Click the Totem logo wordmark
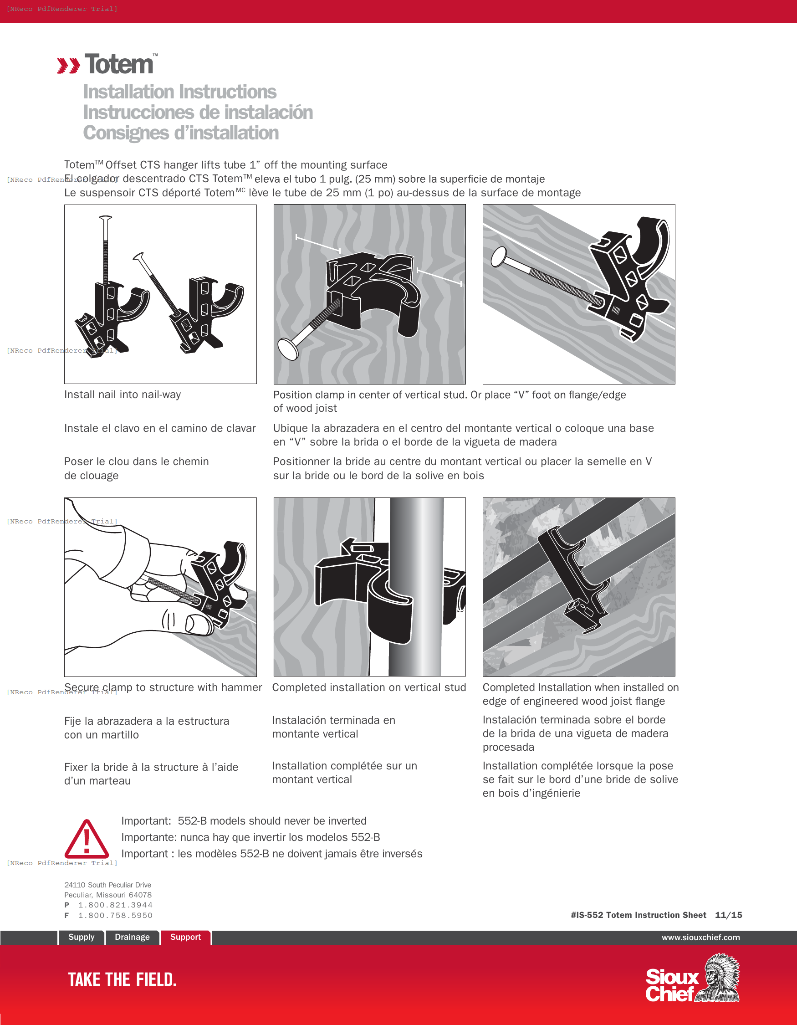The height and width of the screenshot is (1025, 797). coord(119,64)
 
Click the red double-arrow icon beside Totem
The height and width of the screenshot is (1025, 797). coord(68,66)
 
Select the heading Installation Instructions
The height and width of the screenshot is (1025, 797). coord(179,92)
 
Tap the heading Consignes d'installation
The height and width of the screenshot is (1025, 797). coord(181,133)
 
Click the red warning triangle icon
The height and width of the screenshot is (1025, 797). coord(87,840)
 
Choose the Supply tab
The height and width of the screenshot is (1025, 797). coord(81,937)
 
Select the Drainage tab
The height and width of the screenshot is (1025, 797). coord(132,937)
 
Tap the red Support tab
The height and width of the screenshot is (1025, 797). coord(185,937)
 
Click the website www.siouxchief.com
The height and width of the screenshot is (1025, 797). coord(700,937)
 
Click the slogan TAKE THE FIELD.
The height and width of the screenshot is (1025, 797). coord(122,979)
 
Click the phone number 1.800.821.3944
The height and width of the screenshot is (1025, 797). coord(115,905)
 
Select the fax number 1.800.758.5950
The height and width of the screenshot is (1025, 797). coord(115,915)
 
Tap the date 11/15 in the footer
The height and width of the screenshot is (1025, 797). coord(728,915)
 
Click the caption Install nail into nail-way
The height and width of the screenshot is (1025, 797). coord(123,395)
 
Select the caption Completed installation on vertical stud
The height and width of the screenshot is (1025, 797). coord(369,687)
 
